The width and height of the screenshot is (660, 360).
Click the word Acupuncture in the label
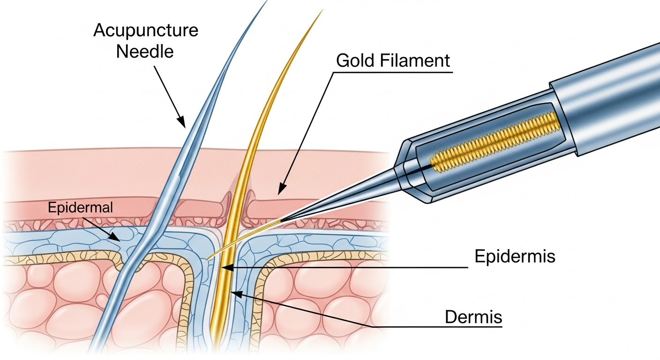pyautogui.click(x=146, y=31)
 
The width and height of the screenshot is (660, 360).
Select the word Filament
pyautogui.click(x=416, y=61)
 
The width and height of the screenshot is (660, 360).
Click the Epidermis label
pyautogui.click(x=515, y=257)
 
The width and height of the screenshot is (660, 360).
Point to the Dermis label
pyautogui.click(x=473, y=317)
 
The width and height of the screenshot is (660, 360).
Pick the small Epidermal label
pyautogui.click(x=80, y=208)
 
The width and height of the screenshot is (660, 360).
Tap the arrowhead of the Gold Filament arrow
pyautogui.click(x=280, y=191)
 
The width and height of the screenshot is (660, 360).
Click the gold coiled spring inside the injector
pyautogui.click(x=497, y=141)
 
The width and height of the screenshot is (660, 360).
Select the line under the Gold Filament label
pyautogui.click(x=394, y=73)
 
